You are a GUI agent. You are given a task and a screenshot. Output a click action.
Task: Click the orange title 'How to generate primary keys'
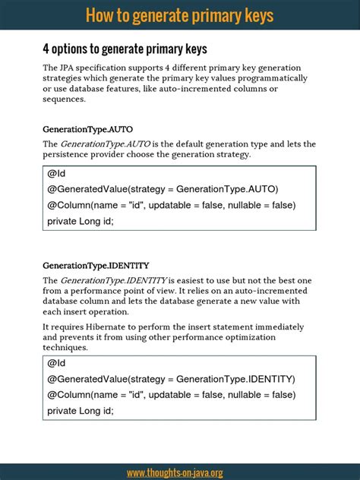pyautogui.click(x=179, y=15)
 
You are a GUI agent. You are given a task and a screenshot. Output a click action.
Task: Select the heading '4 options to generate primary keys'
pyautogui.click(x=125, y=49)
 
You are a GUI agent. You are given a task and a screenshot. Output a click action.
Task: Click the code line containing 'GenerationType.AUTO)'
pyautogui.click(x=163, y=189)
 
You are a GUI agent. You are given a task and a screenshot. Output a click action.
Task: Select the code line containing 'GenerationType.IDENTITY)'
pyautogui.click(x=171, y=379)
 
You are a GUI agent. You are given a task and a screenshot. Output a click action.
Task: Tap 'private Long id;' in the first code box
pyautogui.click(x=80, y=221)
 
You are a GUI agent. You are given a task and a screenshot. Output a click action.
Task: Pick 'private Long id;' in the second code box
pyautogui.click(x=80, y=411)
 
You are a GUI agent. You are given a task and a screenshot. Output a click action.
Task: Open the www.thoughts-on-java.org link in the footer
pyautogui.click(x=175, y=472)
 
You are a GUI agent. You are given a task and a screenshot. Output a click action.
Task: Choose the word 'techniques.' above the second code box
pyautogui.click(x=65, y=347)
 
